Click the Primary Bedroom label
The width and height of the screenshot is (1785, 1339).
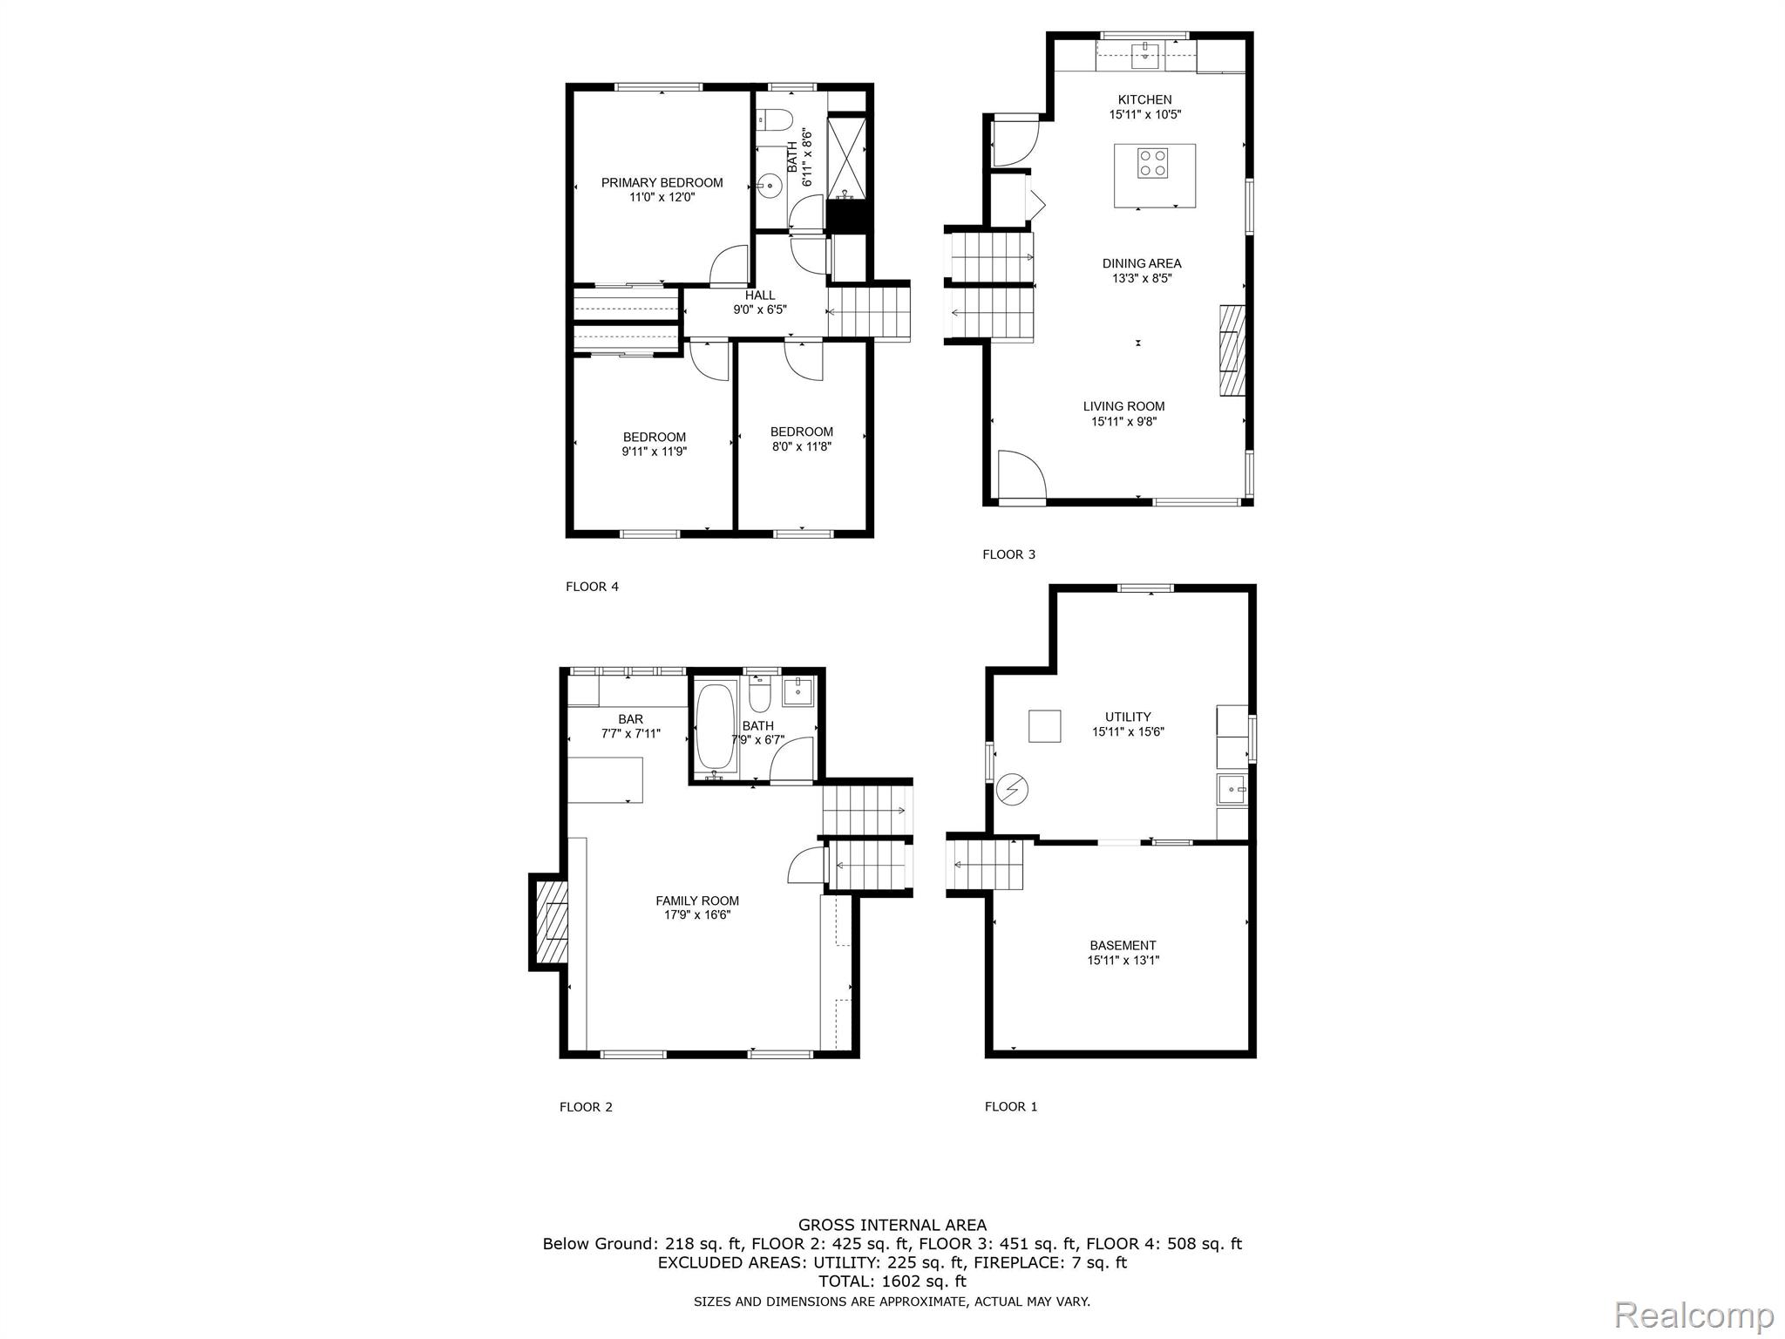click(x=662, y=183)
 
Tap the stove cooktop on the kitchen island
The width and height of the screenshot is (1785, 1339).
click(x=1153, y=163)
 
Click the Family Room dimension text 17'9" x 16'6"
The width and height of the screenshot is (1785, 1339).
click(x=696, y=915)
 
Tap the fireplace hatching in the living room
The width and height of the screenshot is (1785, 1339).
click(x=1232, y=350)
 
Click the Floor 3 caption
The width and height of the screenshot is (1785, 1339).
click(x=1008, y=554)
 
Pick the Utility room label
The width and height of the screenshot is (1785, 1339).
click(x=1128, y=717)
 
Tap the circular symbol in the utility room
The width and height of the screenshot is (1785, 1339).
click(x=1013, y=790)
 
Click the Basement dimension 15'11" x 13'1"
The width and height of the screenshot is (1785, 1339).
click(x=1123, y=961)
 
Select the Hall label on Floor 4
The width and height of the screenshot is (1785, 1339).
click(x=759, y=296)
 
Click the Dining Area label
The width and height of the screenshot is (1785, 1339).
click(x=1141, y=263)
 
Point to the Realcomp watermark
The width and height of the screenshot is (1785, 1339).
click(x=1693, y=1313)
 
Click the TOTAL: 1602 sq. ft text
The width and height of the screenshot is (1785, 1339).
click(x=892, y=1281)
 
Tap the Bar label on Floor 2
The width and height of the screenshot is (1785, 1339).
click(x=630, y=719)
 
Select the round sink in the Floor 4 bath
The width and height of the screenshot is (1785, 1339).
click(x=770, y=185)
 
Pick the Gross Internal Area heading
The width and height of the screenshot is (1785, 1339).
click(x=892, y=1225)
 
